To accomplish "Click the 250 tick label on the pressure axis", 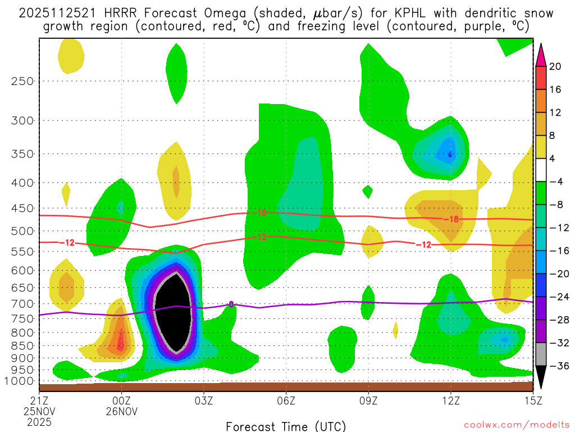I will tap(23, 81).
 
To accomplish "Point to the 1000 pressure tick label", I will tap(20, 381).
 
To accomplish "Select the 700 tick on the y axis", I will tap(23, 304).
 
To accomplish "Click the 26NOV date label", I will tap(122, 411).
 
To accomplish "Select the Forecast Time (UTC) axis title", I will tap(286, 425).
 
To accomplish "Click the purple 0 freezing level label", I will tap(231, 304).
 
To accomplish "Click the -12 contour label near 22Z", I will tap(69, 242).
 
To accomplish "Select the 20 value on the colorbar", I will tap(555, 66).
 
